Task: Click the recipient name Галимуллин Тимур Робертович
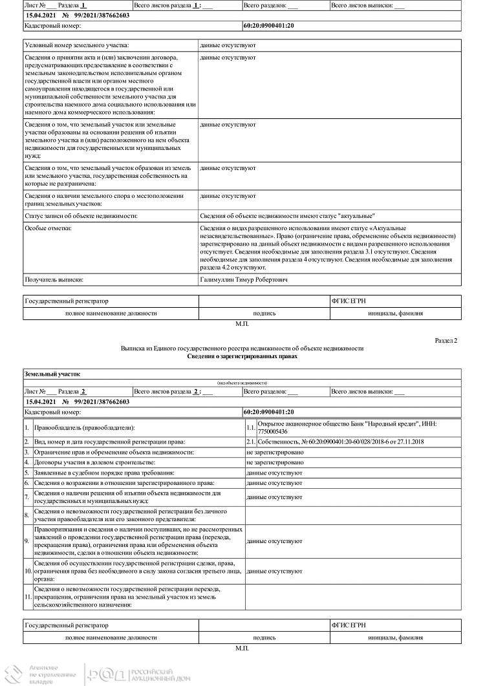244,279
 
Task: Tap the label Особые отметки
48,228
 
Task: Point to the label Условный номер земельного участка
77,45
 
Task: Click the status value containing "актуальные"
288,215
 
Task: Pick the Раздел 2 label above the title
446,339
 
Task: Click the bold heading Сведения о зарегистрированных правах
241,356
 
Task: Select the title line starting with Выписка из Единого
242,348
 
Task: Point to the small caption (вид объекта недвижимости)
242,383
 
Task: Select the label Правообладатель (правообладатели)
80,427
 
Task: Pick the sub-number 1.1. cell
251,427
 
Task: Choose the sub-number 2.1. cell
251,441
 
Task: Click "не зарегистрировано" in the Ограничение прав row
275,451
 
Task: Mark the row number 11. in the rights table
28,597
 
